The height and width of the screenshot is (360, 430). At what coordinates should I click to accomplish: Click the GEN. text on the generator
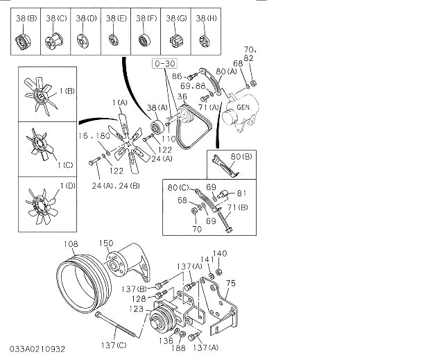(243, 108)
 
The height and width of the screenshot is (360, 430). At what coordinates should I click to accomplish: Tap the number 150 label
(105, 243)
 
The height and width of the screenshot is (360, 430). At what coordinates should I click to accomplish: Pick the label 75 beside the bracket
(231, 282)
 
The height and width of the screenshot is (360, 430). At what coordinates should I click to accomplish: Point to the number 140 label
(219, 253)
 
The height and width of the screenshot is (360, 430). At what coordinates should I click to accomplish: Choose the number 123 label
(135, 308)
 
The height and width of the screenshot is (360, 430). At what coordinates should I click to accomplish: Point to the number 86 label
(176, 76)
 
